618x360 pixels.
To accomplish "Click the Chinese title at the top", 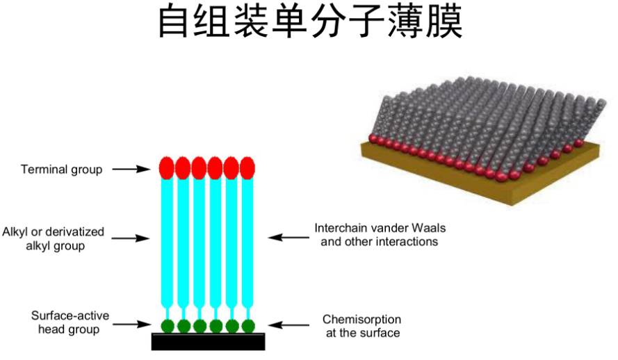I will point(309,24).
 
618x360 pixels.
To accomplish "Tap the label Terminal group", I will point(61,169).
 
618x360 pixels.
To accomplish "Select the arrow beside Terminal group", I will point(131,169).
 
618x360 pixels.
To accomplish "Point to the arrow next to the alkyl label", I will point(131,238).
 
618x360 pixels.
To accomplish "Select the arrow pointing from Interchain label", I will point(288,237).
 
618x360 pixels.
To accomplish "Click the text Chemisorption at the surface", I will point(361,326).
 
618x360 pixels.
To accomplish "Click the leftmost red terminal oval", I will point(167,167).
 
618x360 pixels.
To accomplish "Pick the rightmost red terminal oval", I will point(247,167).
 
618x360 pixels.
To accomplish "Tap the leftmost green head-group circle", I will point(167,325).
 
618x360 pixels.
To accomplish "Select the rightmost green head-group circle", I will point(247,325).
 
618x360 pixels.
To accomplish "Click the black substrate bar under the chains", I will point(208,342).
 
